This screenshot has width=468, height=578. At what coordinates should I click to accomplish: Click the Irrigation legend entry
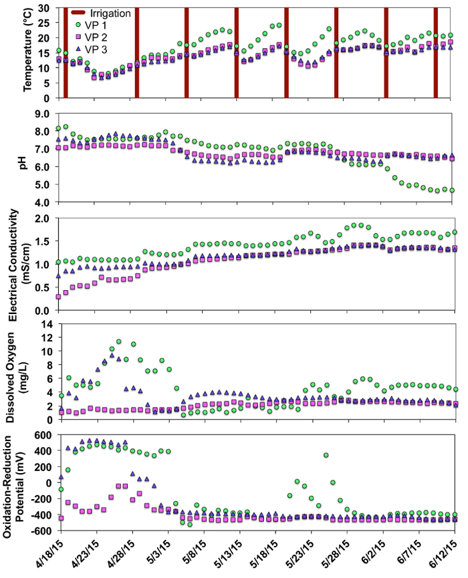pos(113,13)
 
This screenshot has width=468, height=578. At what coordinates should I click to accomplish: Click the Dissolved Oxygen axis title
pos(20,372)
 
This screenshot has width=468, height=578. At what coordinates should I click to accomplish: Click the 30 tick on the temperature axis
pos(47,8)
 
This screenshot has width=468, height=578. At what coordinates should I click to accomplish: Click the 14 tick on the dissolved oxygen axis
pos(47,323)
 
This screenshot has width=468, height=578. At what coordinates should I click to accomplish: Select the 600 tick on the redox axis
pos(43,435)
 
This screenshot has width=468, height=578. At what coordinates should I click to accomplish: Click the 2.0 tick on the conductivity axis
pos(44,219)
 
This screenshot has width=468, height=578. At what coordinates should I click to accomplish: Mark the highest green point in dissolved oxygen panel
pos(118,341)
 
